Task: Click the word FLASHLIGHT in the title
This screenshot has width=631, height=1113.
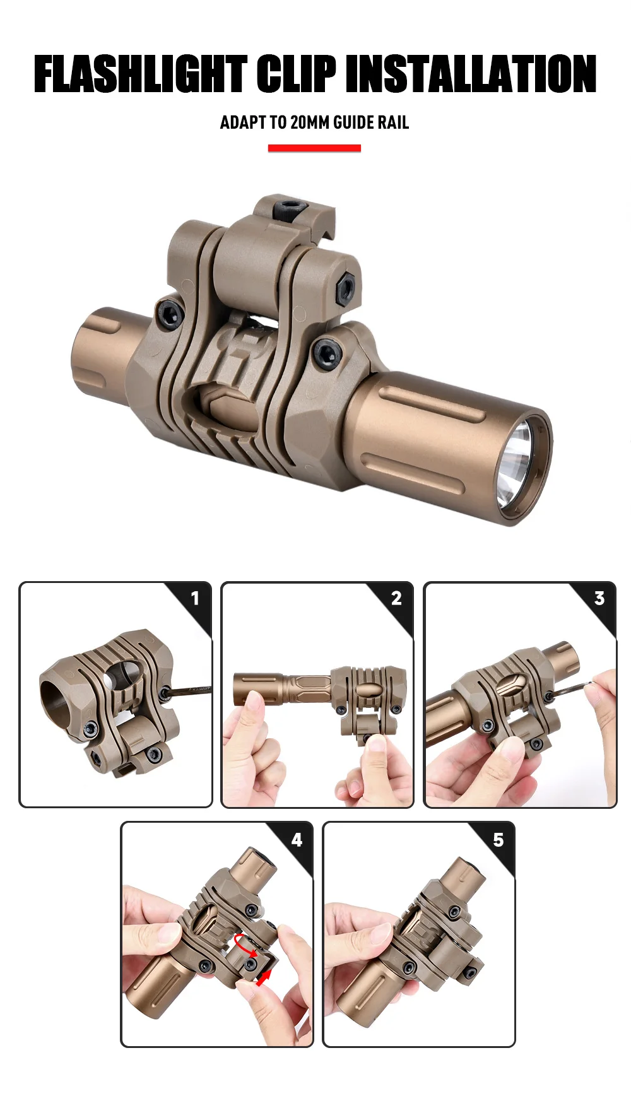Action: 141,74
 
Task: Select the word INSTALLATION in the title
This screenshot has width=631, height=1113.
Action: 471,74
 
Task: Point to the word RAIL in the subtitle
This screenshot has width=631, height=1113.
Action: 393,122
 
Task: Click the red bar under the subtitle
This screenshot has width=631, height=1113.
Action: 314,148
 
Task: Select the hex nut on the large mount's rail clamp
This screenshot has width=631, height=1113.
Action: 346,288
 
